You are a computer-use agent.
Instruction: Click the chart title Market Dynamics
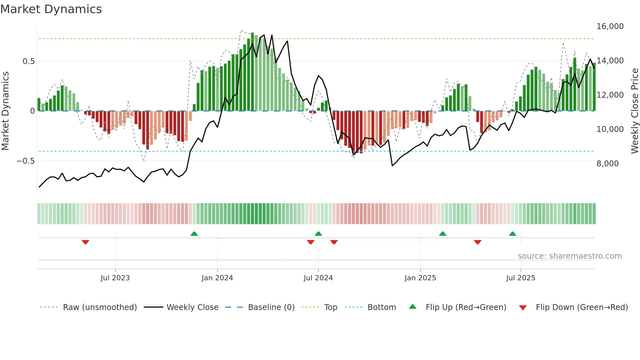point(51,9)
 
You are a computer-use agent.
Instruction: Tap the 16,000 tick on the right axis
point(610,26)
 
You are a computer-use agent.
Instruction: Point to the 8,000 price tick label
point(607,164)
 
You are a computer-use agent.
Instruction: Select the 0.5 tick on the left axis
point(28,61)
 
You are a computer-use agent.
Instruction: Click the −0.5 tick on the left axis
point(25,161)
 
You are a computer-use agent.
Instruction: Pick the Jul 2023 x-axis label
point(115,278)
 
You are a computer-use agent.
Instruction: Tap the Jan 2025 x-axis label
point(420,278)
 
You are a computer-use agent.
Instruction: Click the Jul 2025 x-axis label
point(520,278)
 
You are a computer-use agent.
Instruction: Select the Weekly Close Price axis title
point(634,111)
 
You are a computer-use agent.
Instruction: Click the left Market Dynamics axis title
point(5,111)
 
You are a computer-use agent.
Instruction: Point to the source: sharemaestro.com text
point(569,256)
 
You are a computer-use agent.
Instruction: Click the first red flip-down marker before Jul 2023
point(86,242)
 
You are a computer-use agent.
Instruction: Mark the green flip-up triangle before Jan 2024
point(194,234)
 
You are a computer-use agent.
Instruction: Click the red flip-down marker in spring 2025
point(477,242)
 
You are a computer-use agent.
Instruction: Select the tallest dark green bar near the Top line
point(252,72)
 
